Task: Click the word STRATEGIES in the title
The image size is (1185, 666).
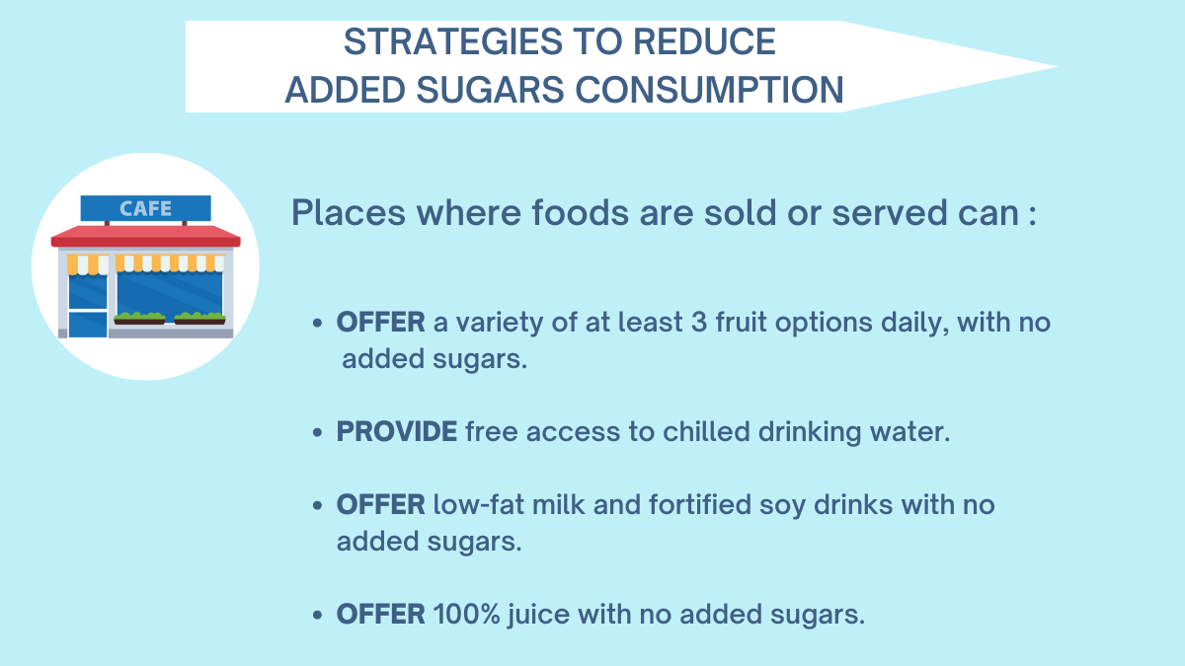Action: point(453,41)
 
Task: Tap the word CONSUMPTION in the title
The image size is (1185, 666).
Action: point(709,90)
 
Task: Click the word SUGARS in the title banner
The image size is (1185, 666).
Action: point(491,90)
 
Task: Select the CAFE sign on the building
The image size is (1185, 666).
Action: point(145,208)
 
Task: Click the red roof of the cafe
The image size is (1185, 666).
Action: point(145,236)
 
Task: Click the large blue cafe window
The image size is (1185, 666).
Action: point(169,293)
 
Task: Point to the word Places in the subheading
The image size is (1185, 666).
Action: point(348,213)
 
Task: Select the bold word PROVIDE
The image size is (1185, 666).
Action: point(397,431)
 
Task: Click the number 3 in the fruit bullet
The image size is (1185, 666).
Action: point(699,322)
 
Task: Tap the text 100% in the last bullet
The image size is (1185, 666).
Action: point(466,614)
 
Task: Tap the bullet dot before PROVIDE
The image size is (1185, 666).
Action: point(317,433)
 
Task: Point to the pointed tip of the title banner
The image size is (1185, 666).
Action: point(1056,67)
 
